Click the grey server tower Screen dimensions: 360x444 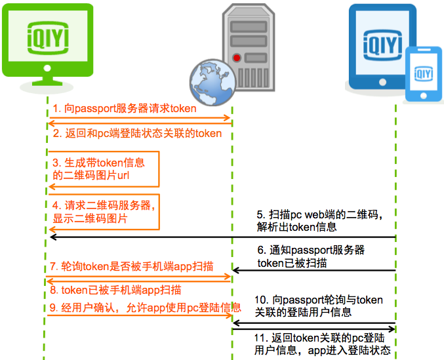coord(245,46)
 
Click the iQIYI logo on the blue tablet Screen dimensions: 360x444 coord(383,47)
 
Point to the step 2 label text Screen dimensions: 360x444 coord(137,133)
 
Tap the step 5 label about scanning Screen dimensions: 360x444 coord(319,220)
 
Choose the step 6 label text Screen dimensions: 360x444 coord(311,256)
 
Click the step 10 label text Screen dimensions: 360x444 coord(318,306)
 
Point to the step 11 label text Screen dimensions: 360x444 coord(322,344)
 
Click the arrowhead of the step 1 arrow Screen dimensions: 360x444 coord(230,118)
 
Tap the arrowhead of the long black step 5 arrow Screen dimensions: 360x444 coord(52,237)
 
